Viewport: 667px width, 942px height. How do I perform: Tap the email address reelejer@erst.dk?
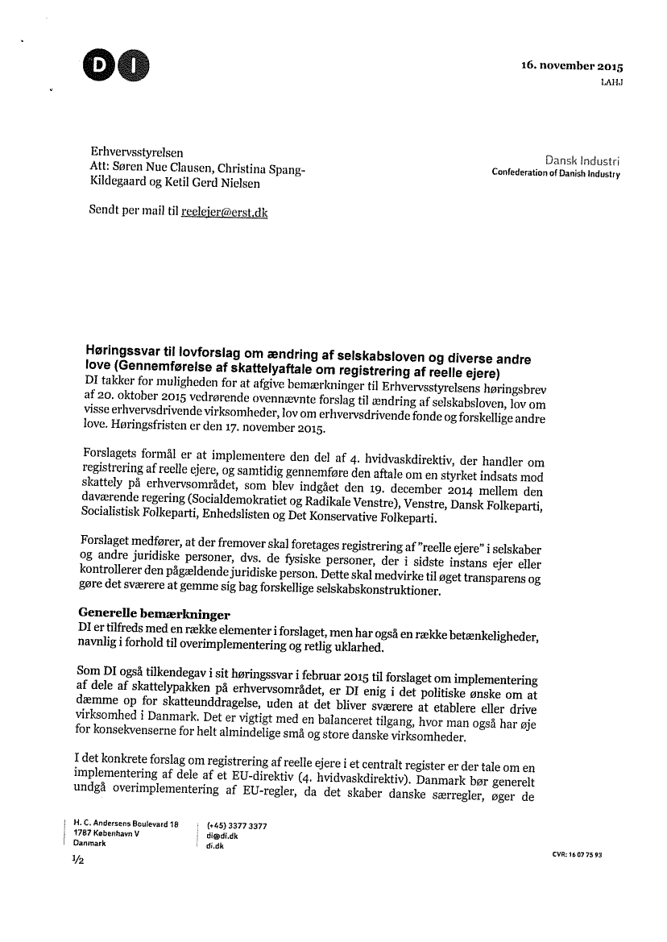pos(224,212)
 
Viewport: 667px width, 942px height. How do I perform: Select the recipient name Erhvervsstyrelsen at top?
pos(136,152)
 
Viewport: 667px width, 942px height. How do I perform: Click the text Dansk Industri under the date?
pos(582,161)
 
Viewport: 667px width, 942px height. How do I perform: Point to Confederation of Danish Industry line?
pos(556,174)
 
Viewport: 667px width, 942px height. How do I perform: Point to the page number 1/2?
pos(78,860)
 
